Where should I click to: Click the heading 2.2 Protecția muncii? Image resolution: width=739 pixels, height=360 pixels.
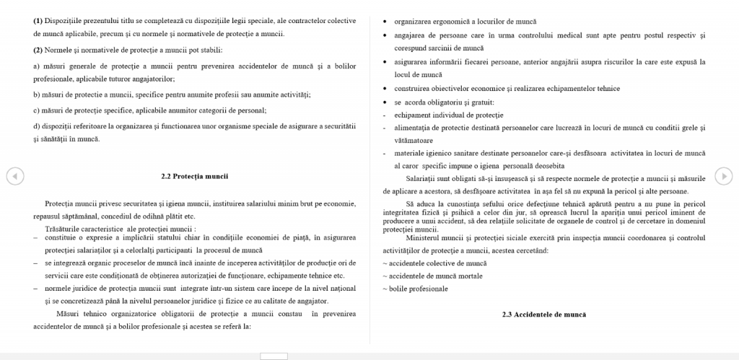[x=194, y=176]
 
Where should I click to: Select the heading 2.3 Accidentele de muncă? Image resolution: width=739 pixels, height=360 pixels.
[x=544, y=315]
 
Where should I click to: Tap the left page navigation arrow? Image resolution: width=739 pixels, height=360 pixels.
[x=14, y=176]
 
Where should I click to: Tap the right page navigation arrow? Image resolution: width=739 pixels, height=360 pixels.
[x=724, y=176]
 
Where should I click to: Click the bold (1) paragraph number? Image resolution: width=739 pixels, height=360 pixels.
[x=38, y=20]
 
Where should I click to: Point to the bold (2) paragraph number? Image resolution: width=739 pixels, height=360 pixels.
[x=38, y=50]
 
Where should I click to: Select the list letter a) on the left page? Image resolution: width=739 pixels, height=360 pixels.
[x=37, y=66]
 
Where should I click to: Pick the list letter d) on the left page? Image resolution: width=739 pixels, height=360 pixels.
[x=37, y=126]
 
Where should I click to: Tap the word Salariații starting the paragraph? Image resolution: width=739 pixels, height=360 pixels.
[x=423, y=178]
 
